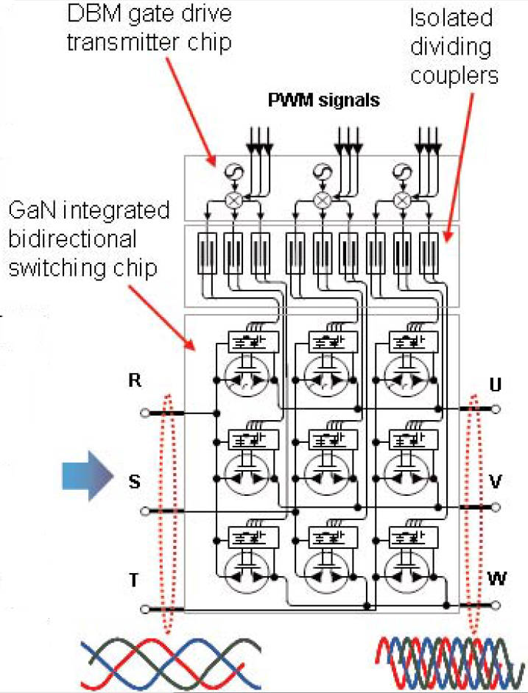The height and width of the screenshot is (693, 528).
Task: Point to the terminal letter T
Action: point(133,580)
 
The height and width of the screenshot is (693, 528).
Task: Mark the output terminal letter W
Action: point(496,578)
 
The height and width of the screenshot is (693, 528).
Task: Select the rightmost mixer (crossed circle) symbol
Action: point(401,199)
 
